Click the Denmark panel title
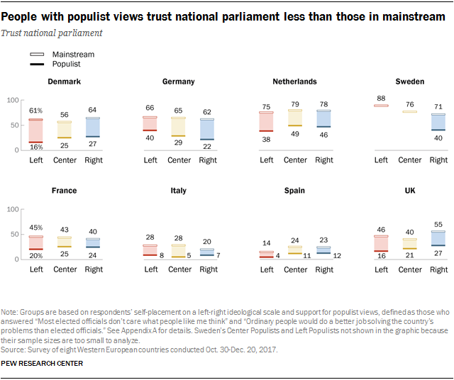pos(63,82)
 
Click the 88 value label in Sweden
pos(382,99)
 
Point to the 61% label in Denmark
pos(36,111)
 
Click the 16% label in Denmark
pos(36,147)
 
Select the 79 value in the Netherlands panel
pos(295,104)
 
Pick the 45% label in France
pos(36,228)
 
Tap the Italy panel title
pos(179,191)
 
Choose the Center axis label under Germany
pos(179,160)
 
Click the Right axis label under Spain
pos(323,269)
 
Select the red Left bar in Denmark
pos(36,130)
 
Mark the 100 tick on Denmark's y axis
pos(11,101)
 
